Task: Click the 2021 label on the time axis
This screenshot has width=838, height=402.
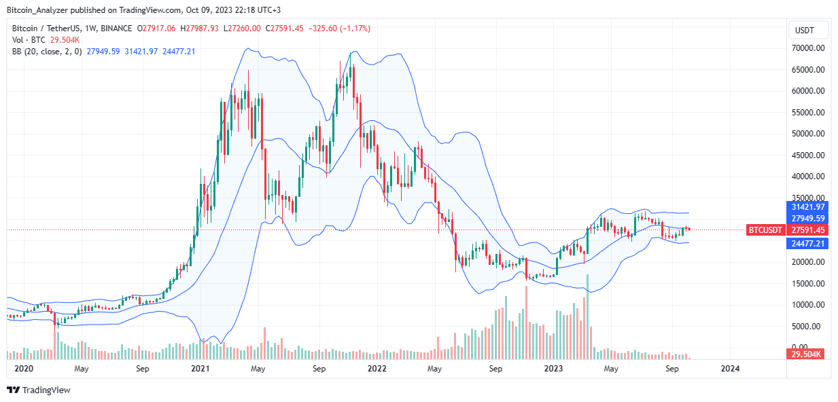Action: point(200,369)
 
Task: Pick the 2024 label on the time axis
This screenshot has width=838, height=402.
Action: point(730,369)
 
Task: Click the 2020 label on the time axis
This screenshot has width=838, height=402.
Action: point(23,369)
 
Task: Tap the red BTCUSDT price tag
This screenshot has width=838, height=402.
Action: point(765,230)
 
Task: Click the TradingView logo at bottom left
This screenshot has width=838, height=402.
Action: point(39,390)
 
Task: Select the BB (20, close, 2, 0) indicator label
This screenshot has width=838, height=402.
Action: point(46,52)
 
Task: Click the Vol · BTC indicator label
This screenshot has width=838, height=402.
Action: point(27,40)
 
